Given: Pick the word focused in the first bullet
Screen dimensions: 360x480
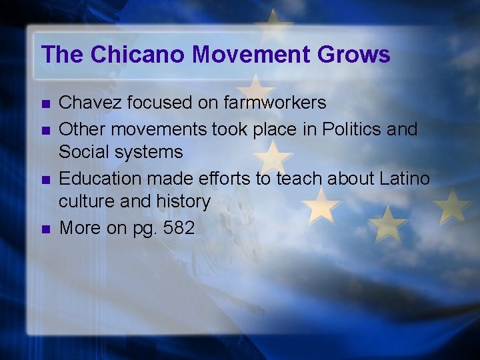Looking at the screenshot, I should [151, 103].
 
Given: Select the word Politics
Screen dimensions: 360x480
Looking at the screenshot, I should [349, 128].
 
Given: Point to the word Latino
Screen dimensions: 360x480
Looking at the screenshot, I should [405, 178].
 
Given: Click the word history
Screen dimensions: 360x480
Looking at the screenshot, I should [184, 201].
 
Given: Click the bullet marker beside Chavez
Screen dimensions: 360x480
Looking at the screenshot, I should [45, 104].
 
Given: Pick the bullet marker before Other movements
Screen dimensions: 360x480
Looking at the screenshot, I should [45, 129].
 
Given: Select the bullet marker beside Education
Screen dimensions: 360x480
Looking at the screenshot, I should [45, 179].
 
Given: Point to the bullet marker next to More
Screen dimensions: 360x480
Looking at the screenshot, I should [45, 229].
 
